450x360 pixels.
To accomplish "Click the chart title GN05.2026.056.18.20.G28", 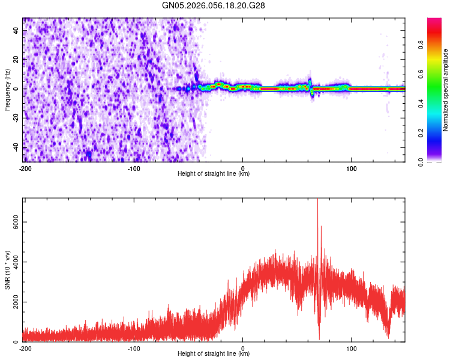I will coord(214,5).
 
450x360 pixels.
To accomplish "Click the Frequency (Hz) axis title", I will coord(7,89).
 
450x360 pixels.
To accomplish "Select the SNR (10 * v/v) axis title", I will coord(7,270).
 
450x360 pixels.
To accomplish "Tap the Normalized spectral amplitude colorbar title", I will coord(445,90).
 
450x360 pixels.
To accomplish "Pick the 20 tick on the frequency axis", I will coord(17,60).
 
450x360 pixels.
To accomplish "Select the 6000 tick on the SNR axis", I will coord(13,222).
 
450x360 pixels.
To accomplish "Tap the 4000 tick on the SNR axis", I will coord(13,262).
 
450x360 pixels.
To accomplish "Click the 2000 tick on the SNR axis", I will coord(13,302).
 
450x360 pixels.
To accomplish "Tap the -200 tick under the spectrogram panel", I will coord(25,168).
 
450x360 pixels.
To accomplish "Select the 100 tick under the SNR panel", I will coord(352,348).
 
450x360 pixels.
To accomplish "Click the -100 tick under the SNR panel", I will coord(134,348).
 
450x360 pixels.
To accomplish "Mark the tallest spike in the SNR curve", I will coord(317,202).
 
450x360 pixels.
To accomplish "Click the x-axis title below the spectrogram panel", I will coord(214,174).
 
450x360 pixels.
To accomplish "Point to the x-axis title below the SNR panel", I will coord(214,354).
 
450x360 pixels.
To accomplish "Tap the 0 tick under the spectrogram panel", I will coord(243,168).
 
